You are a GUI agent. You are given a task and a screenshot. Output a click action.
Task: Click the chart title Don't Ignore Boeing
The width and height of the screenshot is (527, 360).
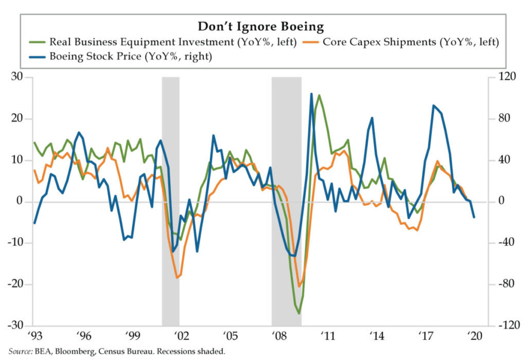point(261,26)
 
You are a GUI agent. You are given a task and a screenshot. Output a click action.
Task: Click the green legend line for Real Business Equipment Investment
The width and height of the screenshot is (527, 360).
point(38,42)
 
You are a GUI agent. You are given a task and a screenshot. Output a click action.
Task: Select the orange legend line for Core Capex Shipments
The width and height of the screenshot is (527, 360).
point(310,42)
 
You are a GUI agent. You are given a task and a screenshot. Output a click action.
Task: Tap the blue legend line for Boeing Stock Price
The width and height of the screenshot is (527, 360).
point(38,56)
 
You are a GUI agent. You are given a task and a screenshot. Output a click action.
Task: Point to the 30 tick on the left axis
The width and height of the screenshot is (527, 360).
point(20,77)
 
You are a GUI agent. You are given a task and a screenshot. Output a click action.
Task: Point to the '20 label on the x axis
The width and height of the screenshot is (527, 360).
point(474,335)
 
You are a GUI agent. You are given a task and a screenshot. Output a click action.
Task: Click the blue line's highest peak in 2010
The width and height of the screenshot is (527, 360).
point(311,94)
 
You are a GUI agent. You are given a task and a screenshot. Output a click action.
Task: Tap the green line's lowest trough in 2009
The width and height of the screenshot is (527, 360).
point(299,313)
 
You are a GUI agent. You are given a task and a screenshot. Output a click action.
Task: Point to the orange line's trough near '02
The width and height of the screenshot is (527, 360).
point(177,278)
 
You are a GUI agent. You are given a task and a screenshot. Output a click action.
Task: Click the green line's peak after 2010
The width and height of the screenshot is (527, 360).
point(319,95)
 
